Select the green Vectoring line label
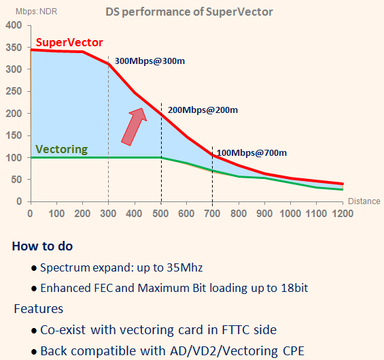pos(61,149)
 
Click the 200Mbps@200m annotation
pos(202,110)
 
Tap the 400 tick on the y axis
pos(14,26)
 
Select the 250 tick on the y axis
pos(14,92)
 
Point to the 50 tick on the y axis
pos(16,180)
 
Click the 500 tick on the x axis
pos(160,213)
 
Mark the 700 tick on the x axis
pos(213,213)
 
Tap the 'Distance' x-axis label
pos(364,201)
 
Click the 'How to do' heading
pos(42,246)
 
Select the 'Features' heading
pos(39,309)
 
